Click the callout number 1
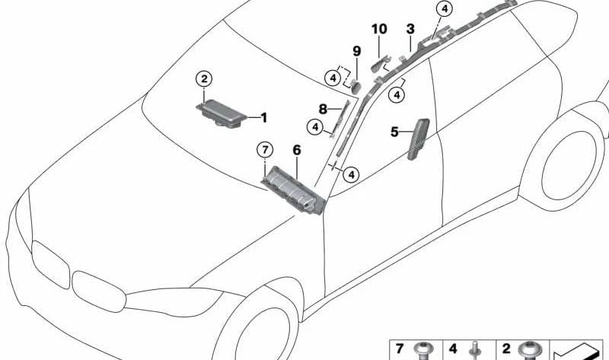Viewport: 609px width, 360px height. click(x=263, y=117)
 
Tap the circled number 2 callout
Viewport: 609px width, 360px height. click(x=204, y=79)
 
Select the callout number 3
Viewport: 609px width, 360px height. click(x=410, y=29)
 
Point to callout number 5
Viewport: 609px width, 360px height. click(x=394, y=132)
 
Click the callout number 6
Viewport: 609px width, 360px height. click(x=297, y=150)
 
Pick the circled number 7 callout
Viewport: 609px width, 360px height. click(x=265, y=149)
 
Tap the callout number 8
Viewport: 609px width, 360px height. click(x=323, y=109)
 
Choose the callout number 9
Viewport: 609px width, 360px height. click(x=356, y=51)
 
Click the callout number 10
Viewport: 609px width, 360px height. click(x=379, y=29)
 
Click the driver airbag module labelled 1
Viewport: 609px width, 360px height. click(x=222, y=113)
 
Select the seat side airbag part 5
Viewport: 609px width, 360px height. click(x=418, y=139)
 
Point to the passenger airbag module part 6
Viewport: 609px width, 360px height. click(x=293, y=190)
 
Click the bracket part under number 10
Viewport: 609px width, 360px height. click(x=381, y=63)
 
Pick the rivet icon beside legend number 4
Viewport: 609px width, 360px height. click(x=474, y=351)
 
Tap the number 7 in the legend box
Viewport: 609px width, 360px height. click(x=399, y=349)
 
